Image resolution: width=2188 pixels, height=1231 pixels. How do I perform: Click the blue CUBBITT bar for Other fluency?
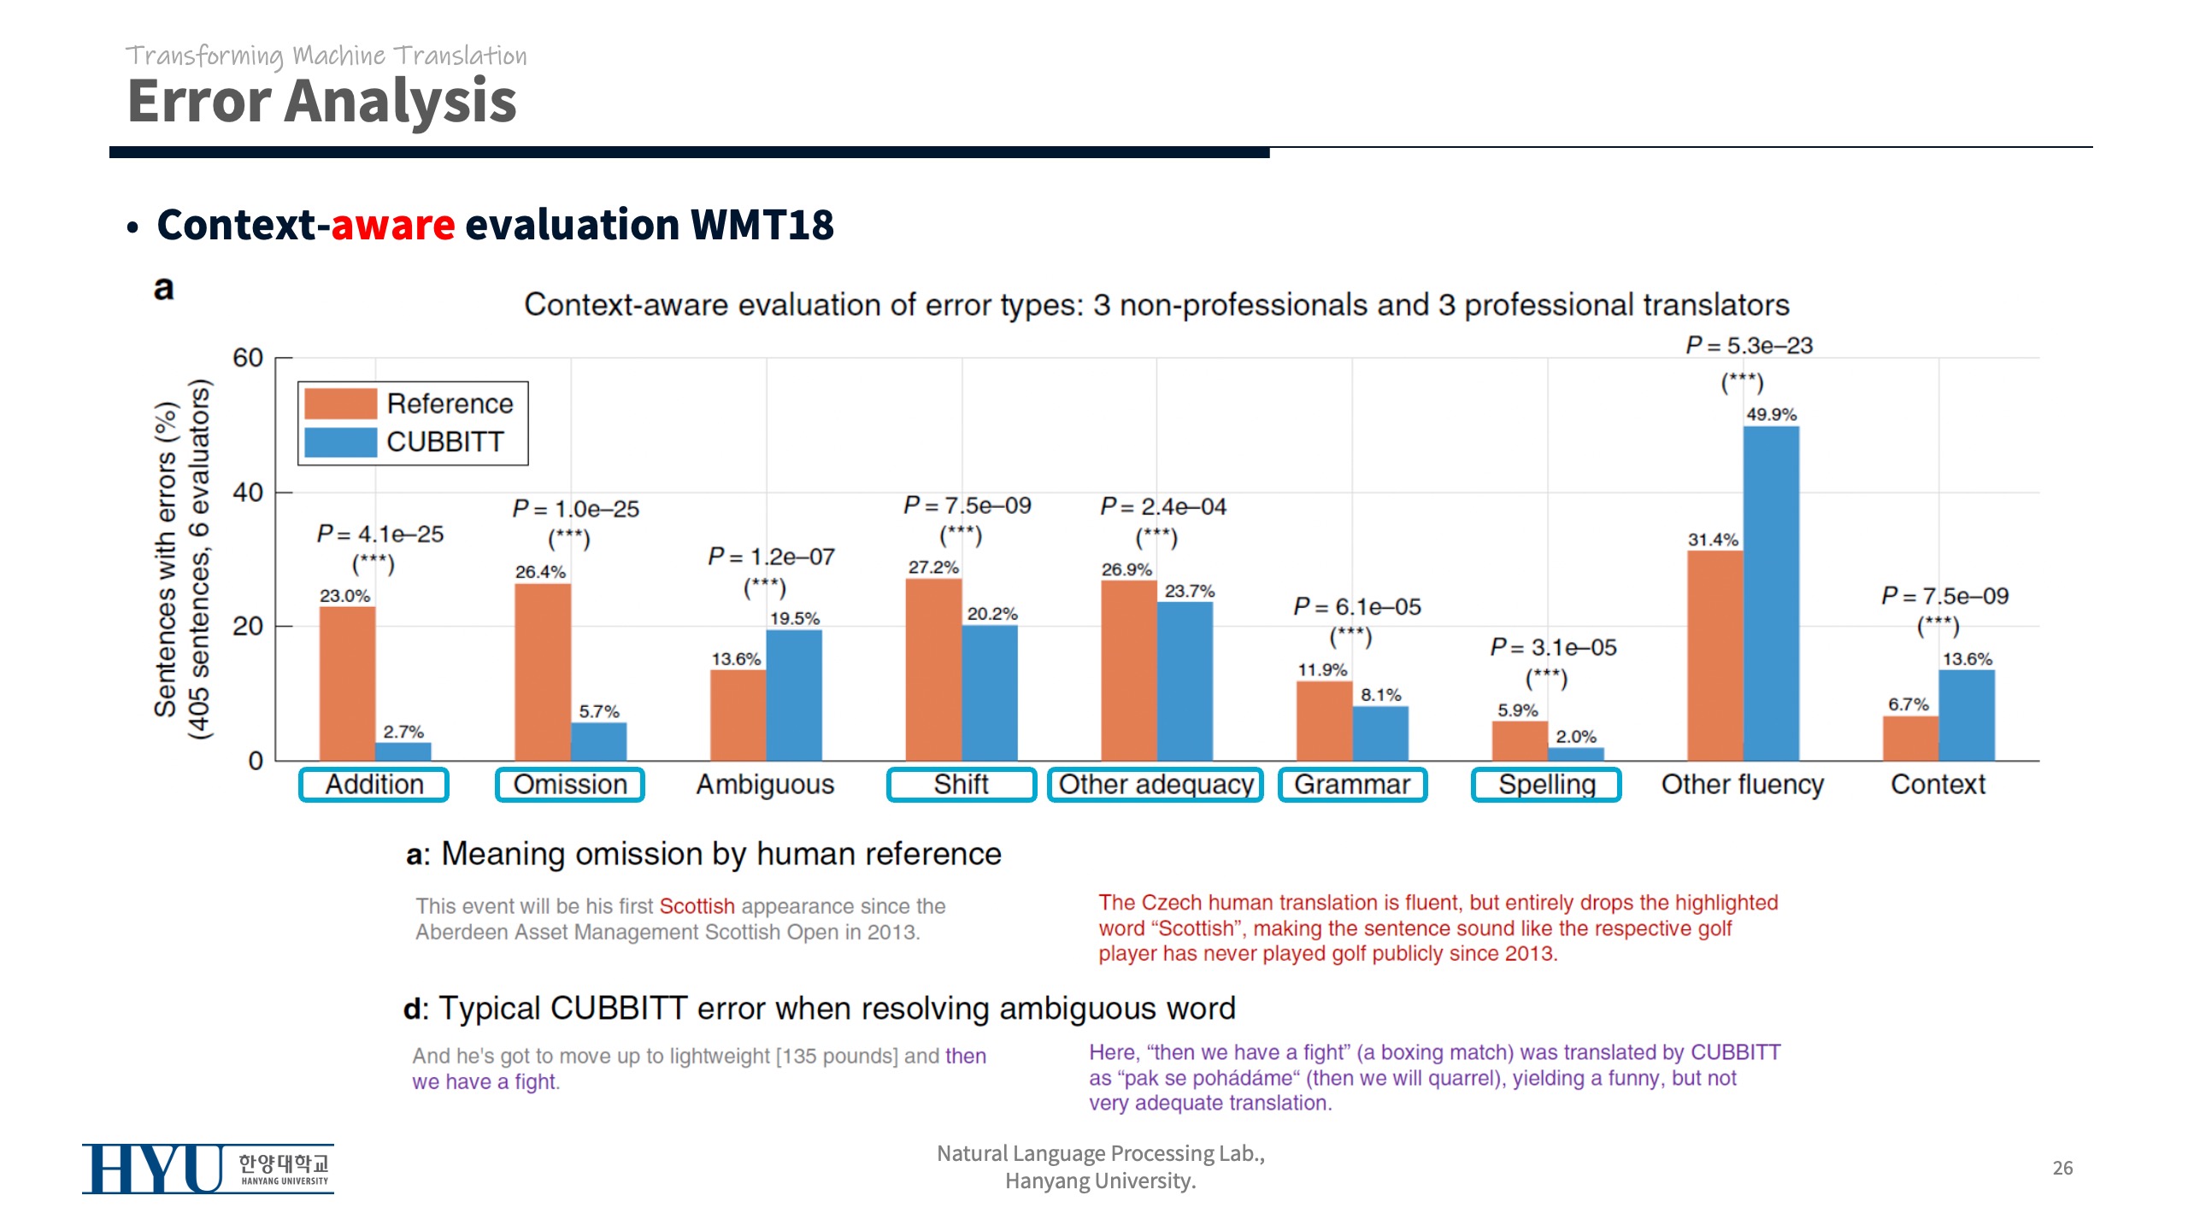(1771, 593)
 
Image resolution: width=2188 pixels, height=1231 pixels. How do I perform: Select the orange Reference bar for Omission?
(542, 672)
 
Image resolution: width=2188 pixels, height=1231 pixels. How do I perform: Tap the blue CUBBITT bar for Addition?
(403, 751)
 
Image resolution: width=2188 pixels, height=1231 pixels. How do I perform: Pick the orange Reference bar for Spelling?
(1519, 740)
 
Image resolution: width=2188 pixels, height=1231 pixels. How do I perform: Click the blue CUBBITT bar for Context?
(1966, 715)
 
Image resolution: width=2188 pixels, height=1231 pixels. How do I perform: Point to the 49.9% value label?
(1771, 415)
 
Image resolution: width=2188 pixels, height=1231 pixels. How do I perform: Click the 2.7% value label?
(403, 732)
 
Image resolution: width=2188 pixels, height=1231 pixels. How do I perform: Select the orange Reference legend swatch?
(340, 403)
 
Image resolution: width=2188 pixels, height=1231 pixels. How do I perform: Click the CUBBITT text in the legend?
(444, 442)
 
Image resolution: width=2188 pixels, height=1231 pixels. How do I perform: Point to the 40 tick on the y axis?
(248, 492)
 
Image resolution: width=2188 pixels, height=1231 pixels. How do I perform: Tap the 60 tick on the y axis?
(248, 357)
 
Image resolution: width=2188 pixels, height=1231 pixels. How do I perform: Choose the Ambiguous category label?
(765, 784)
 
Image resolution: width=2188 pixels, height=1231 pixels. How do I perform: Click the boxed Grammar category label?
(1352, 784)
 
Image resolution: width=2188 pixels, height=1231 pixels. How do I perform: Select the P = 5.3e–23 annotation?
(1749, 345)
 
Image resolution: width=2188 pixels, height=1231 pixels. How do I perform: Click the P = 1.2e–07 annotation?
(771, 557)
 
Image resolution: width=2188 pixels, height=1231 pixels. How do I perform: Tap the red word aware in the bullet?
(393, 225)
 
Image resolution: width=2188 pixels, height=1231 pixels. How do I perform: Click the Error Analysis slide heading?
(321, 101)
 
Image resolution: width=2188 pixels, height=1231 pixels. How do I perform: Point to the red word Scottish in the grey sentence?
(697, 906)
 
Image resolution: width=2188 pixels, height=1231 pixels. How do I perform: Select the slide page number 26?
(2062, 1168)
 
